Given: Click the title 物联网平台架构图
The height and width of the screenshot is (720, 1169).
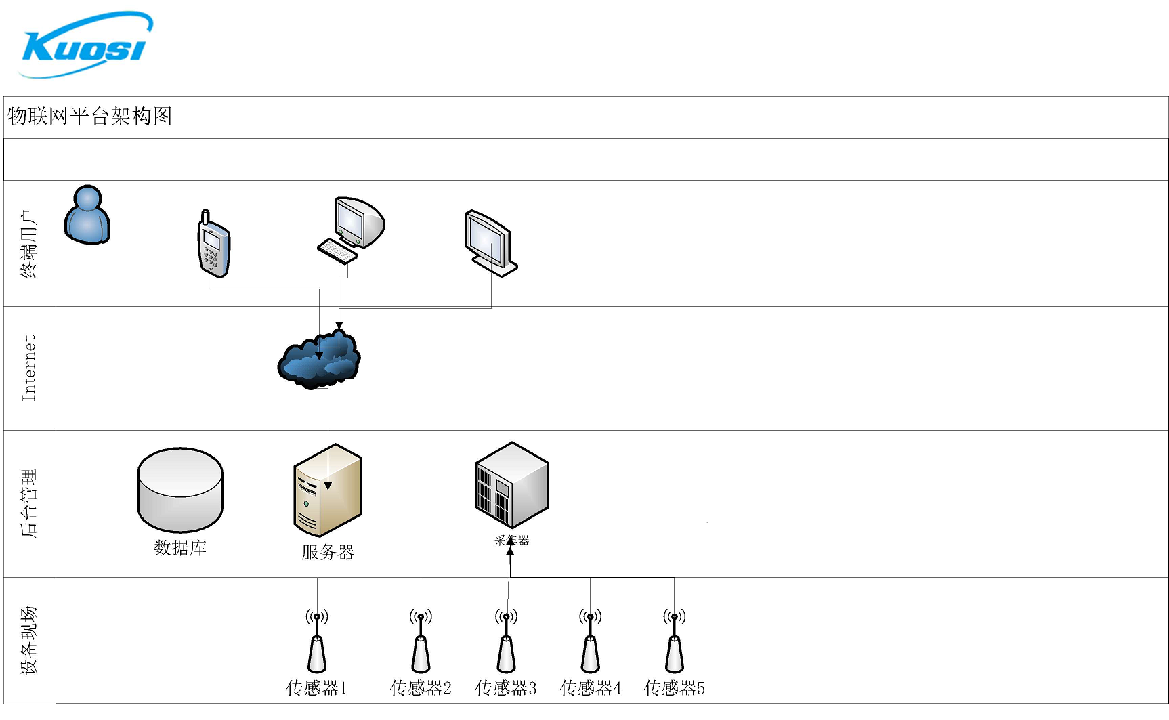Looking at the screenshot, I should click(x=90, y=117).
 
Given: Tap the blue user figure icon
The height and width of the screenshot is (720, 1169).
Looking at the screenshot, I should click(x=87, y=215).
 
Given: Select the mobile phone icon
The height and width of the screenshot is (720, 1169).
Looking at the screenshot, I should click(x=213, y=245).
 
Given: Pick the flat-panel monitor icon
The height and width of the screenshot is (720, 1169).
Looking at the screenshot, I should click(x=490, y=242).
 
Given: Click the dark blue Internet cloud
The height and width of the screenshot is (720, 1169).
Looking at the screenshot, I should click(x=319, y=360).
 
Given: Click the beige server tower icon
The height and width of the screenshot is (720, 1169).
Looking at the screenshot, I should click(x=328, y=490).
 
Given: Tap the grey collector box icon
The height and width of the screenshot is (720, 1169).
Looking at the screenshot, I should click(x=512, y=485).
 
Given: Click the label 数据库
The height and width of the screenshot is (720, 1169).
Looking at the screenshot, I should click(x=180, y=547).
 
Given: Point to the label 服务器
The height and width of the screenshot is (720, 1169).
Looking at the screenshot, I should click(x=328, y=552).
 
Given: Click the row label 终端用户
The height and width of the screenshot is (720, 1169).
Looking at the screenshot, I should click(x=29, y=244).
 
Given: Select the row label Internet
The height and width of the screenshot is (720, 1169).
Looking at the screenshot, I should click(x=29, y=368).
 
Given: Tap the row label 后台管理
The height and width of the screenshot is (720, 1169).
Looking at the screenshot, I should click(x=29, y=503).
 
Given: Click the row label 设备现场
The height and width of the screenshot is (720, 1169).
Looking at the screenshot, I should click(x=29, y=640).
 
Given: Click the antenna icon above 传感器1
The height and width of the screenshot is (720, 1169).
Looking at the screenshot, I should click(x=317, y=643).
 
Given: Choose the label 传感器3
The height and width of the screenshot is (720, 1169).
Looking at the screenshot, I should click(x=506, y=688).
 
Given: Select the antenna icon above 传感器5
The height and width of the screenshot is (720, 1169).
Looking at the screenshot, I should click(x=674, y=643).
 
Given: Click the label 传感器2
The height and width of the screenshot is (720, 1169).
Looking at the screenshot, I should click(x=421, y=688).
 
